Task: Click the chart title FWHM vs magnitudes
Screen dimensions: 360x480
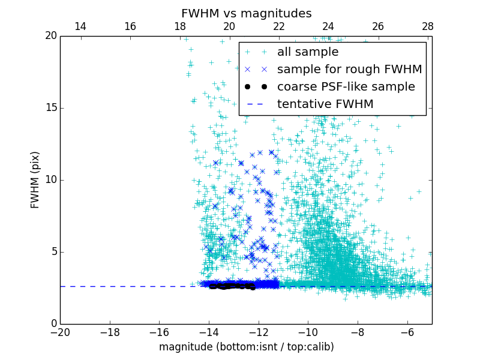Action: click(x=246, y=13)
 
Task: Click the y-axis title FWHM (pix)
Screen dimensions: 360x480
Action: click(x=35, y=179)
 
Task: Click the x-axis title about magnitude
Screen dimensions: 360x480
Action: click(x=246, y=347)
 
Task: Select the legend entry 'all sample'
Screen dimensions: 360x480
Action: click(x=307, y=52)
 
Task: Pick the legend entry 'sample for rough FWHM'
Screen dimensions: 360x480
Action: click(x=349, y=70)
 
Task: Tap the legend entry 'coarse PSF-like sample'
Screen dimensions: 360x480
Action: click(x=346, y=87)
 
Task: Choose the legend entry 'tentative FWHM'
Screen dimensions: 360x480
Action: click(x=325, y=104)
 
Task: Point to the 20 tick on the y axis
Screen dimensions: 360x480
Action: click(x=50, y=36)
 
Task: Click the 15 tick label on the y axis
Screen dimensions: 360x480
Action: click(x=50, y=108)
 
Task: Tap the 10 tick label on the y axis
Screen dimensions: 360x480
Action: click(x=50, y=180)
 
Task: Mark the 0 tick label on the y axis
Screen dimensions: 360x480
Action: click(x=53, y=324)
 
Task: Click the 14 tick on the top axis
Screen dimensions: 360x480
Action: click(x=80, y=26)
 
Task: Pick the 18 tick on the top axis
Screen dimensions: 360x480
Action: click(x=179, y=26)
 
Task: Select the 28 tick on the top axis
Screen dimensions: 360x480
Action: click(x=427, y=26)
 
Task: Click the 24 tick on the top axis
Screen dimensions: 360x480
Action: click(x=328, y=26)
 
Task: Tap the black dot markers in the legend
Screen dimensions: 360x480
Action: click(x=256, y=87)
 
